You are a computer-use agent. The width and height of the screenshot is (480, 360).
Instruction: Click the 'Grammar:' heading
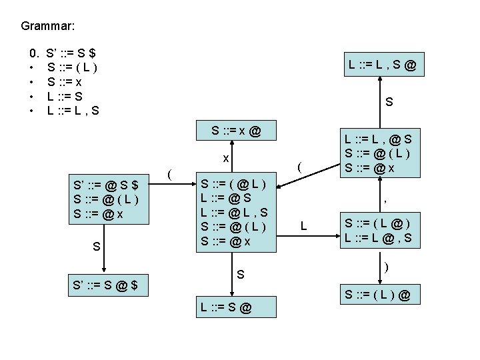47,27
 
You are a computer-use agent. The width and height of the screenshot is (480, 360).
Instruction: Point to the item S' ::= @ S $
105,185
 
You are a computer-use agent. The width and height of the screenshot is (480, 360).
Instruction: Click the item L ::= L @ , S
377,237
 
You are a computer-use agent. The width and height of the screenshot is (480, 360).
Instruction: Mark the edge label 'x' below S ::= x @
226,159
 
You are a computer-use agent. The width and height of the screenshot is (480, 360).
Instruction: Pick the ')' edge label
386,265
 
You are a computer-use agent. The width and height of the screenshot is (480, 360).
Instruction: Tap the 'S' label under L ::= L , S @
389,103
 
